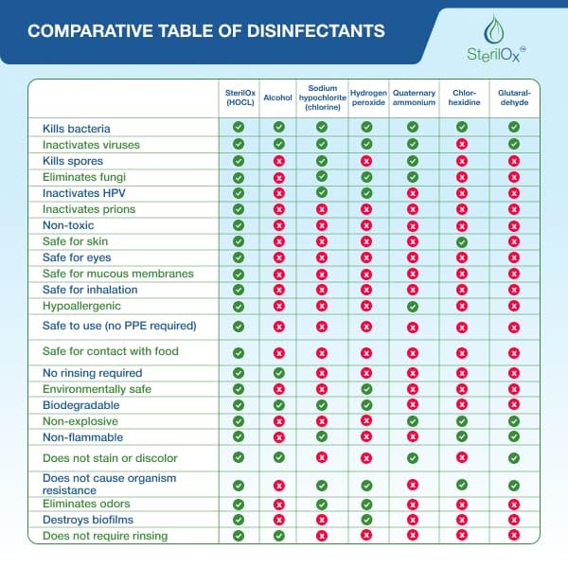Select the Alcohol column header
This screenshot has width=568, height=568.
point(278,98)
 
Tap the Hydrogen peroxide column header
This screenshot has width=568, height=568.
point(367,98)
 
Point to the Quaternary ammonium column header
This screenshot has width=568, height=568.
point(413,98)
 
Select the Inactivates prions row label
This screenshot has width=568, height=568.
point(89,209)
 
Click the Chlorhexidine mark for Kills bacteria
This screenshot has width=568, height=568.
point(462,126)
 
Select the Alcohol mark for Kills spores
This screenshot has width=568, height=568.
point(278,161)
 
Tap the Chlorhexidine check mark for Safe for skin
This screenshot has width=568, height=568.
point(462,241)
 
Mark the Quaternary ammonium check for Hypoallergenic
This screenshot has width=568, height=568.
point(413,306)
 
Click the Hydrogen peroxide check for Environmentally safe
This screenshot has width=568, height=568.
point(367,389)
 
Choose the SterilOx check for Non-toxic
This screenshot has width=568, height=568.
point(239,225)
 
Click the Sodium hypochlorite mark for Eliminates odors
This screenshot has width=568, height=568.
point(322,505)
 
